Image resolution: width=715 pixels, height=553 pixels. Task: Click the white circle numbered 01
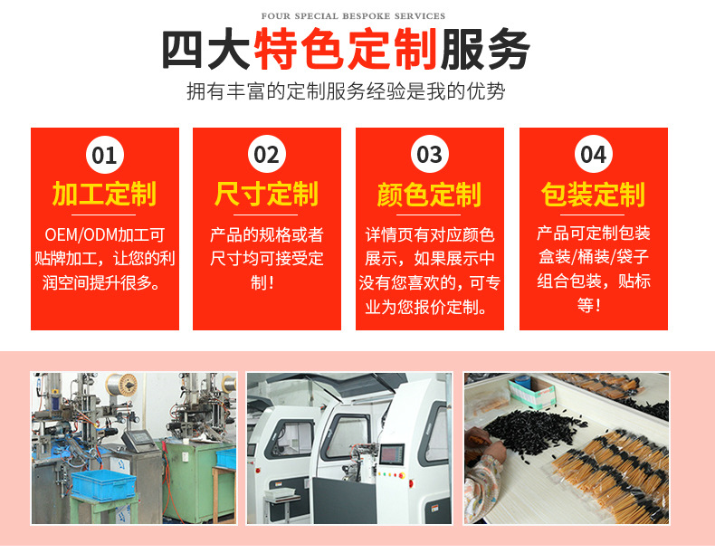pyautogui.click(x=105, y=155)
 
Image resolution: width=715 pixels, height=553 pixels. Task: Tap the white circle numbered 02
pyautogui.click(x=267, y=155)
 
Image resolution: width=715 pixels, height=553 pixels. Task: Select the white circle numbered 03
pyautogui.click(x=430, y=155)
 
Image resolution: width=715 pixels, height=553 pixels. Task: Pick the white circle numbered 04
pyautogui.click(x=593, y=155)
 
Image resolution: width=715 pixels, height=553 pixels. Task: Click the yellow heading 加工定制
pyautogui.click(x=104, y=194)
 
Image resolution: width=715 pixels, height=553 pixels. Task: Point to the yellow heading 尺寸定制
pyautogui.click(x=266, y=194)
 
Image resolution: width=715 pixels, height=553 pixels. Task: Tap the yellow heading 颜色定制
pyautogui.click(x=429, y=195)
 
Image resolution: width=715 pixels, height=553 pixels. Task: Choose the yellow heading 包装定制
pyautogui.click(x=593, y=195)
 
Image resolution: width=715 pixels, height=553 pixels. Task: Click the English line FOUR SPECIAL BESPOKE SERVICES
pyautogui.click(x=353, y=16)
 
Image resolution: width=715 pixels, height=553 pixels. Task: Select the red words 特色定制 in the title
pyautogui.click(x=346, y=49)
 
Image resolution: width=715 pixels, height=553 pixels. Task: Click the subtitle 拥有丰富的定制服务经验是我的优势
pyautogui.click(x=346, y=91)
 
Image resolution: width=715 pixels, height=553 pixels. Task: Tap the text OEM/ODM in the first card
pyautogui.click(x=81, y=234)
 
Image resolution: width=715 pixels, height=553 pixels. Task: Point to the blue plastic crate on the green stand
pyautogui.click(x=104, y=484)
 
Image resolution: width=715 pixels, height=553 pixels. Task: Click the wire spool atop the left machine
pyautogui.click(x=122, y=386)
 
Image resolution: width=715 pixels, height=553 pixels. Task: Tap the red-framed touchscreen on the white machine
pyautogui.click(x=392, y=454)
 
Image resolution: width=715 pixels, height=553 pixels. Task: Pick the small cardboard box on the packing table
pyautogui.click(x=532, y=391)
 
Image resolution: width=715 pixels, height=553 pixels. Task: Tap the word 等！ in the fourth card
pyautogui.click(x=589, y=304)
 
